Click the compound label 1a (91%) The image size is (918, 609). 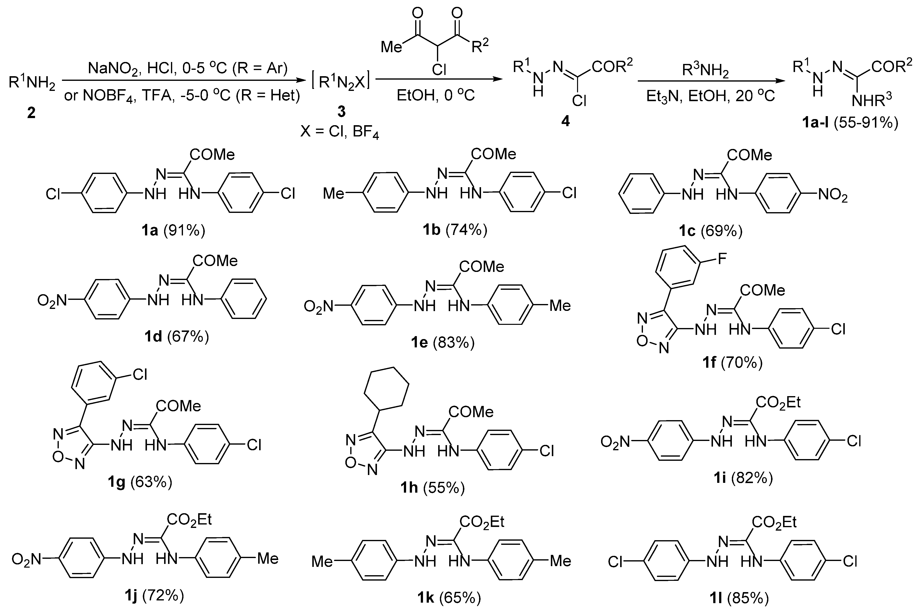pos(173,231)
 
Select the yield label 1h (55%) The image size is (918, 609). pos(433,488)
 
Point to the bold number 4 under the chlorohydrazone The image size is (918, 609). pos(565,121)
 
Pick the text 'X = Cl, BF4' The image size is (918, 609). pos(340,133)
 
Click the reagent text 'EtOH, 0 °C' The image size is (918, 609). pos(436,95)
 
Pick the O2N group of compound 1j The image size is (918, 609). pos(26,559)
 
